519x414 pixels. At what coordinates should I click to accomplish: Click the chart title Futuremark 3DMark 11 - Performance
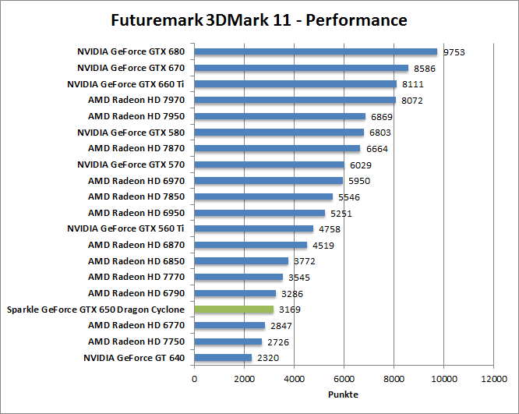(259, 19)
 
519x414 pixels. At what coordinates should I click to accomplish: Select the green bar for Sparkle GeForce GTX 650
(234, 310)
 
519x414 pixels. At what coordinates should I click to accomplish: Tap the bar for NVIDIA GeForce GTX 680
(316, 52)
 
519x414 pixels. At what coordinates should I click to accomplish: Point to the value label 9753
(455, 52)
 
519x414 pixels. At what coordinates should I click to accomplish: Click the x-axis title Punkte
(344, 395)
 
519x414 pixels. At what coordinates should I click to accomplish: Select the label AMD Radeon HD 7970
(136, 101)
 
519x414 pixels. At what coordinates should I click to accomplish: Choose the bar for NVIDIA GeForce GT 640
(223, 358)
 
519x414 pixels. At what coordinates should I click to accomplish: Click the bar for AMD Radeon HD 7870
(277, 149)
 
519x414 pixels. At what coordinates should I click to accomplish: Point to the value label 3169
(290, 310)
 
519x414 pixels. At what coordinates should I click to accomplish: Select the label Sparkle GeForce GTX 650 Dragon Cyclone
(96, 310)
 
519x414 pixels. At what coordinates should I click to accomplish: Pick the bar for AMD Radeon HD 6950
(259, 213)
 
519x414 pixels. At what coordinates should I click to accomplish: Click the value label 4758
(330, 229)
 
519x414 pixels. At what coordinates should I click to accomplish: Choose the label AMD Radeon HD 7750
(136, 341)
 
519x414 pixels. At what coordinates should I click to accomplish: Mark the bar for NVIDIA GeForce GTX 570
(269, 165)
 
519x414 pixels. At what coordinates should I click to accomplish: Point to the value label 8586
(425, 69)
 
